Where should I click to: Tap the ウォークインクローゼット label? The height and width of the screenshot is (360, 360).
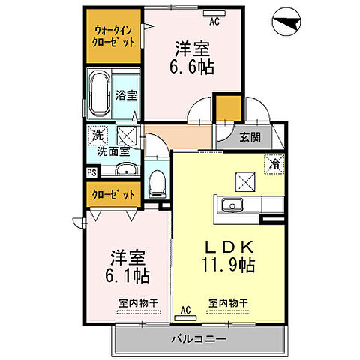pos(114,36)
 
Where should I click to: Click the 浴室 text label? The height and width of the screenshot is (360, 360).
pos(126,94)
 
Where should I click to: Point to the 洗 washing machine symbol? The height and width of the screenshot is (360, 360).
pos(96,136)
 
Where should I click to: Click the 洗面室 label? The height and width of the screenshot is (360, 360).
pos(113,151)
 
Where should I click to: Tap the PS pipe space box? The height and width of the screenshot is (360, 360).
pos(91,172)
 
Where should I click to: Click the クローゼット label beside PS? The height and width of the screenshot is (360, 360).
pos(114,194)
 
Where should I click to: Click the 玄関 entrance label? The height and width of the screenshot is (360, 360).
pos(250,137)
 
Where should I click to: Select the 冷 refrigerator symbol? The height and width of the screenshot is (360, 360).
pos(274,160)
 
